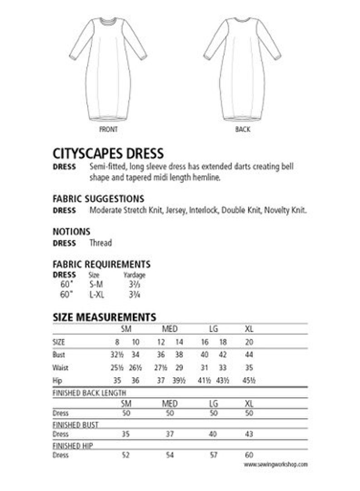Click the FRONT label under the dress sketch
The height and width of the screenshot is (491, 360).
pos(108,129)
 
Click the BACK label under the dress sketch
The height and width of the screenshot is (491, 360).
pos(243,129)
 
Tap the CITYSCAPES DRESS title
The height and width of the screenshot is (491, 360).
pos(108,153)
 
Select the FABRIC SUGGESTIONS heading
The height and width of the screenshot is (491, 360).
pos(98,199)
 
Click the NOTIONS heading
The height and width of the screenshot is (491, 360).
pos(72,231)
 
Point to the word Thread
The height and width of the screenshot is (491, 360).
pos(101,243)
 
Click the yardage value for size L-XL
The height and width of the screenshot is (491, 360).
pos(134,294)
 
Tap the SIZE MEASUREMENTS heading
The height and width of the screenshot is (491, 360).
pos(104,317)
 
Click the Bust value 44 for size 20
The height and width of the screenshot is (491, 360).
pos(249,355)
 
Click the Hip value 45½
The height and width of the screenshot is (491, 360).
pos(249,381)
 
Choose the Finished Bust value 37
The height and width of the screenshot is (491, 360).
pos(170,434)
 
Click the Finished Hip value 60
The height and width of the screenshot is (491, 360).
pos(249,455)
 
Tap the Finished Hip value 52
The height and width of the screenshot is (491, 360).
pos(126,455)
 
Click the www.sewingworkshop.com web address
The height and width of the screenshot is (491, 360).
pos(276,464)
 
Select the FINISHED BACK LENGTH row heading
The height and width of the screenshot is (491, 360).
pos(89,393)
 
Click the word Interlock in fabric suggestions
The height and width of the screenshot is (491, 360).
pos(204,210)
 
